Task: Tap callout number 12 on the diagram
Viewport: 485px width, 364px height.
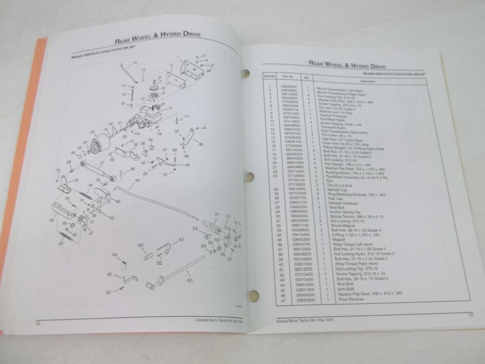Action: tap(135, 62)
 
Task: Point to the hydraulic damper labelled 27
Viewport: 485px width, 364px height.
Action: tap(97, 171)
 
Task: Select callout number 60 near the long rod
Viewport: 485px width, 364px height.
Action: tap(190, 280)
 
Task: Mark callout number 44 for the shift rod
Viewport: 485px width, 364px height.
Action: tap(137, 181)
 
